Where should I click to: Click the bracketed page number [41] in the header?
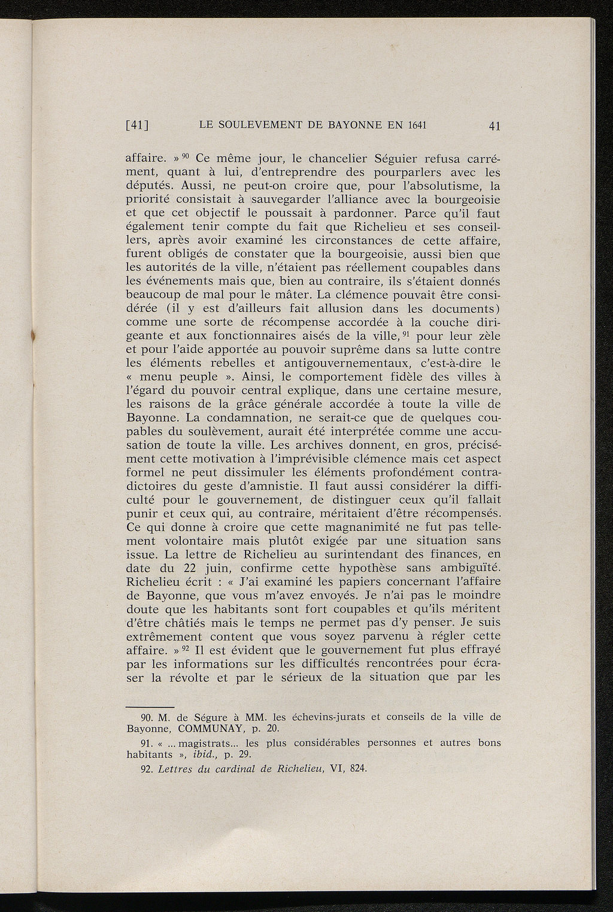tap(137, 126)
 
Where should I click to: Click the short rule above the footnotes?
tap(150, 706)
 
